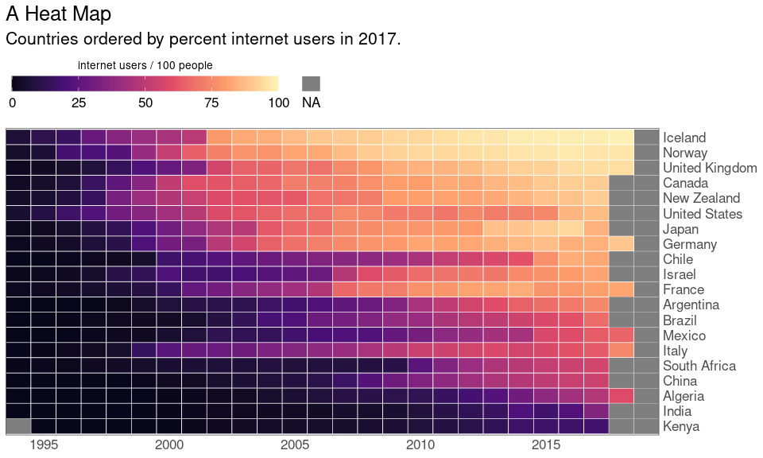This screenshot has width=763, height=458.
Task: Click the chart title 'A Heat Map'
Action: (x=58, y=14)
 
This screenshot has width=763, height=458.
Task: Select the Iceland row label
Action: (x=684, y=138)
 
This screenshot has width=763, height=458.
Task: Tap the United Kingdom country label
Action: (x=710, y=168)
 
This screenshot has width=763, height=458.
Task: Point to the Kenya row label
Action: (x=681, y=426)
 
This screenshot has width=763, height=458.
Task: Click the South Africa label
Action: (x=699, y=366)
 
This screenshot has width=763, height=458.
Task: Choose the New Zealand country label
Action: (x=701, y=198)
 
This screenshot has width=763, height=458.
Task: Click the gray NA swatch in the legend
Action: (x=311, y=83)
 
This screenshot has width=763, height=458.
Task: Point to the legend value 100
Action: (x=278, y=103)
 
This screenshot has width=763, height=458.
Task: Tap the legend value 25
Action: (x=79, y=103)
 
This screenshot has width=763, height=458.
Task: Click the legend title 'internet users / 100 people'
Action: (x=145, y=65)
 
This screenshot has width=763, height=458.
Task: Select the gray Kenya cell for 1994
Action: (x=18, y=426)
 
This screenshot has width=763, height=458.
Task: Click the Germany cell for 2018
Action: (x=622, y=243)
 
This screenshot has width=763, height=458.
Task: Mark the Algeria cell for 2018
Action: (x=622, y=395)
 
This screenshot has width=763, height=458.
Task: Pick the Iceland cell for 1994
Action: (x=18, y=138)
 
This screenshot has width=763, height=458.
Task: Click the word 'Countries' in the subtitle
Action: (x=43, y=39)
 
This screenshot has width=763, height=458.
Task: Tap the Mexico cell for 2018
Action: (x=622, y=335)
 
